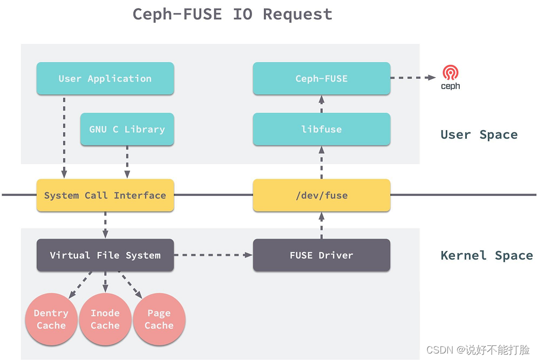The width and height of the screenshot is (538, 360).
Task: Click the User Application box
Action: tap(105, 79)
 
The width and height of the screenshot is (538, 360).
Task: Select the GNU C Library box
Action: tap(127, 130)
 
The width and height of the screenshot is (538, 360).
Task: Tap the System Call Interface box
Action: tap(105, 195)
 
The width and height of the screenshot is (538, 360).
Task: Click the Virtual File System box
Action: tap(105, 255)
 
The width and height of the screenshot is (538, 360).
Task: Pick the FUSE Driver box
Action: tap(321, 255)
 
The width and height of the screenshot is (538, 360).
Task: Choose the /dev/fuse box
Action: tap(321, 195)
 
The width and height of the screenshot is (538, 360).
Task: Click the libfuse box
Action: tap(321, 130)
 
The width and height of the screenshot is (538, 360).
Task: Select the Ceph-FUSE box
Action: tap(321, 79)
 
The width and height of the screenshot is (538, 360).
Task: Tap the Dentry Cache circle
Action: tap(51, 320)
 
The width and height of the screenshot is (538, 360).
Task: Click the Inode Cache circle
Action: tap(105, 320)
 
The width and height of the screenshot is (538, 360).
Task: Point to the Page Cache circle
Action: tap(159, 320)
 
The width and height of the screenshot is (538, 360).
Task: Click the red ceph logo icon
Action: tap(450, 73)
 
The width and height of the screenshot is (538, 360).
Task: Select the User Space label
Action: tap(479, 135)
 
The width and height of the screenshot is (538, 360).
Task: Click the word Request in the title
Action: tap(297, 14)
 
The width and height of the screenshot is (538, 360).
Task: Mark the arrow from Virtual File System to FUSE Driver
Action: tap(213, 255)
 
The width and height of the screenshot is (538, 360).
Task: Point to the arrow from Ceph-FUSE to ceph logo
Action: tap(413, 78)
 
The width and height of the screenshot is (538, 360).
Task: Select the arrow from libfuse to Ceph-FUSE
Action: tap(321, 104)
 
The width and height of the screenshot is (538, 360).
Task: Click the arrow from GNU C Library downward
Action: tap(127, 162)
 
